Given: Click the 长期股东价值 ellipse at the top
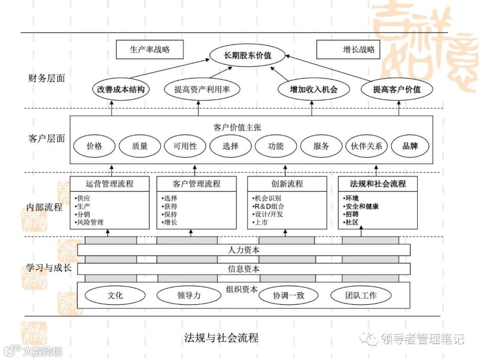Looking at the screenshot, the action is [x=247, y=56].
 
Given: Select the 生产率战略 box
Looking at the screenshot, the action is [x=149, y=50].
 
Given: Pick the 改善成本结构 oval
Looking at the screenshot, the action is [x=121, y=89].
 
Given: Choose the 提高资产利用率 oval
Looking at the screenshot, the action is [x=202, y=89].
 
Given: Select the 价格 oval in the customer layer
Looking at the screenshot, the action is [x=94, y=146].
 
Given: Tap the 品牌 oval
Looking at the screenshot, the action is [x=410, y=146].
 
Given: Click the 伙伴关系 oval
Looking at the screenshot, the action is [x=367, y=146].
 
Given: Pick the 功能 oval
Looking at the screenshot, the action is [x=276, y=146].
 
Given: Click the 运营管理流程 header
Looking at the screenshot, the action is [x=109, y=184].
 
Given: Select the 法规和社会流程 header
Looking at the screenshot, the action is [x=378, y=184].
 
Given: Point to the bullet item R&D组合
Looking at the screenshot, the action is [x=269, y=206].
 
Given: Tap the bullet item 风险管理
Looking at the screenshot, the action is [x=90, y=222].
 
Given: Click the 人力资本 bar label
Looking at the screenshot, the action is [x=244, y=250].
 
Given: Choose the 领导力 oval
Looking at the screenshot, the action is [x=188, y=295].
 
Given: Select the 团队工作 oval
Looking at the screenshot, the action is [x=361, y=295].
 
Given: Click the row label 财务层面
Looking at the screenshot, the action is [x=46, y=79].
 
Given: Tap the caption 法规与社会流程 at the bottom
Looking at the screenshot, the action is [x=221, y=337].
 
